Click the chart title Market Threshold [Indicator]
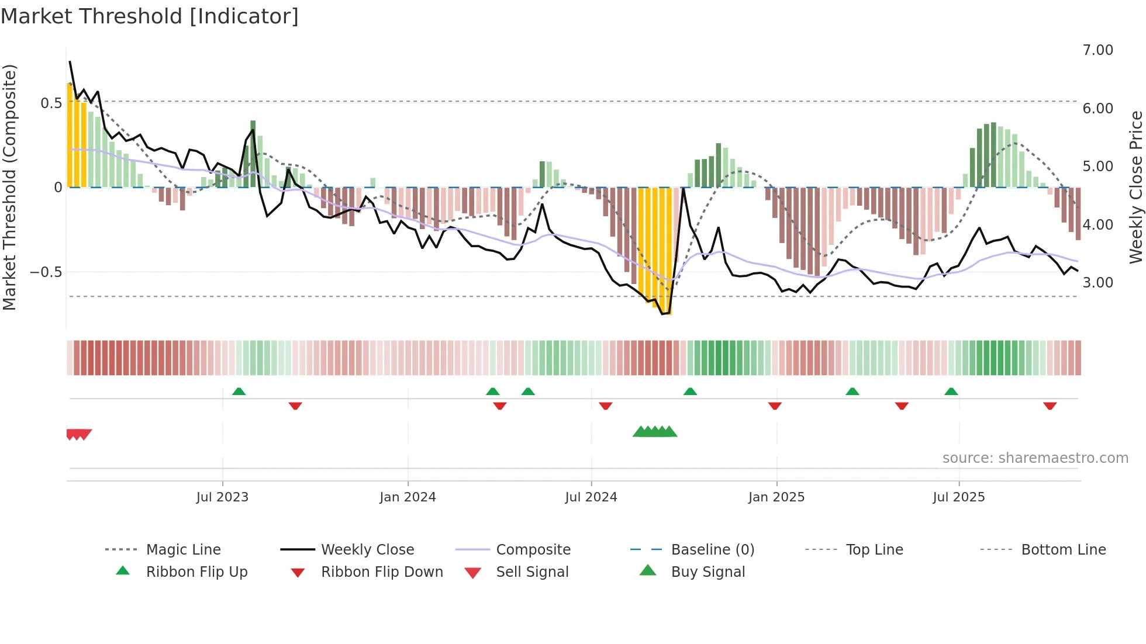(x=150, y=16)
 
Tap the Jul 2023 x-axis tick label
(x=222, y=497)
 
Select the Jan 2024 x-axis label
(x=408, y=497)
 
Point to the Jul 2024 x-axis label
(x=591, y=497)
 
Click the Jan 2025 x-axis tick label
(x=776, y=497)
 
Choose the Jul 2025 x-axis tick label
(x=959, y=497)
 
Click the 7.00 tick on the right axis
(x=1097, y=50)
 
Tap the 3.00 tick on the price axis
(x=1097, y=283)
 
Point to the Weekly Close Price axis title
(x=1135, y=187)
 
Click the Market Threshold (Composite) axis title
(x=9, y=187)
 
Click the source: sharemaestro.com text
(x=1035, y=458)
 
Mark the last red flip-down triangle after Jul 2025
(x=1050, y=406)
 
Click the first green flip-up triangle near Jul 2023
(x=239, y=392)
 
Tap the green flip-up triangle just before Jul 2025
(x=951, y=392)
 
